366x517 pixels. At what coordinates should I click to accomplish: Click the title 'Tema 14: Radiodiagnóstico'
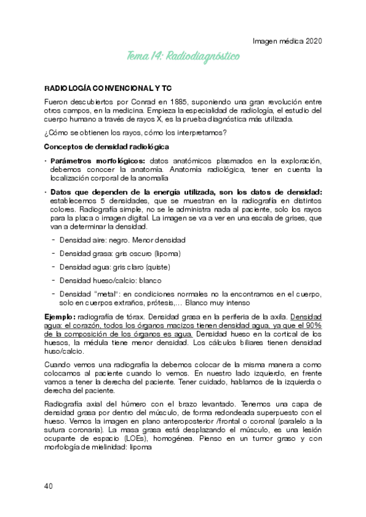pos(183,57)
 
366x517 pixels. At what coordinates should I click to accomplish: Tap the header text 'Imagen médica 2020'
pos(287,41)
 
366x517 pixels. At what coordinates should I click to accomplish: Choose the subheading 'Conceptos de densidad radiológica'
pos(107,147)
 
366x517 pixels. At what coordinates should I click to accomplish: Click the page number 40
pos(49,485)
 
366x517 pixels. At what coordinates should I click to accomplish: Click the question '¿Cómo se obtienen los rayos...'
pos(136,134)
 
